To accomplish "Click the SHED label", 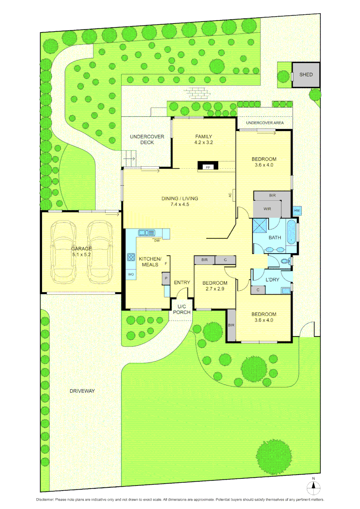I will coord(306,74).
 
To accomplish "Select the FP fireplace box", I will coord(207,167).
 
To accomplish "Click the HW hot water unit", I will coord(297,211).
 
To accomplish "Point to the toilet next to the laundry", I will coord(285,261).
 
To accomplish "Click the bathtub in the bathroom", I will coord(292,231).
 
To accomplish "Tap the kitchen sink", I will coord(147,232).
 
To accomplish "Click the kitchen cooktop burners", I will coord(131,257).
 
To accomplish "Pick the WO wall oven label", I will coord(130,274).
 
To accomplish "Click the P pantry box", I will coord(166,279).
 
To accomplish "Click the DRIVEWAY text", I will coord(82,391).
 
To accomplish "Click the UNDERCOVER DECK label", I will coord(147,139).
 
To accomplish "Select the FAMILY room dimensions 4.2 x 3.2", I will coord(203,142).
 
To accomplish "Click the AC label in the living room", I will coord(230,195).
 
